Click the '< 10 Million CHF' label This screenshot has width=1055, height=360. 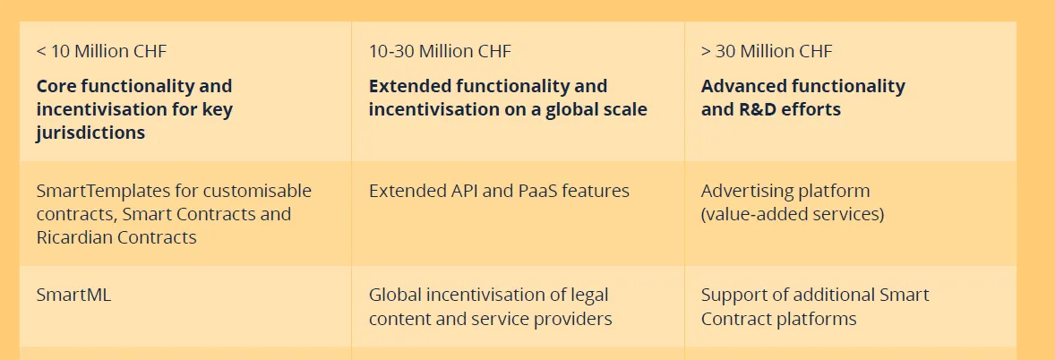(101, 51)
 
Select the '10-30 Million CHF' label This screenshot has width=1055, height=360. (440, 51)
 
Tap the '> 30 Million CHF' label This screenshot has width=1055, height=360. (767, 51)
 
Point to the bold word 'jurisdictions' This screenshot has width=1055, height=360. (90, 133)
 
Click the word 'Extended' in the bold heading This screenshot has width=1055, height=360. (410, 86)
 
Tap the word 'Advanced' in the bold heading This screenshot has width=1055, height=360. (743, 86)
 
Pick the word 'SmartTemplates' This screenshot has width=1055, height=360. (103, 191)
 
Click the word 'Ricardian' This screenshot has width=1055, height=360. (75, 237)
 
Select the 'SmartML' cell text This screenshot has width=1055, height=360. (73, 296)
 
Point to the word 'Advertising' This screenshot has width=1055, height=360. (749, 191)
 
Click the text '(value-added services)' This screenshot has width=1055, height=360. (792, 215)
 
